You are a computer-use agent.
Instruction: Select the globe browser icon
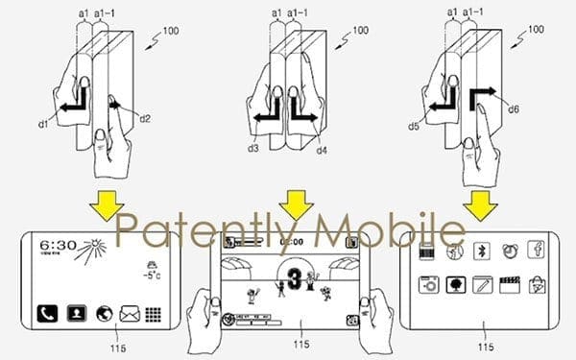tap(101, 313)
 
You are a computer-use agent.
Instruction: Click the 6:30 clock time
tap(60, 246)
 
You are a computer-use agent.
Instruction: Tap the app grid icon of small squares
tap(152, 313)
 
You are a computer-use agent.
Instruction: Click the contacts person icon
tap(74, 314)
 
